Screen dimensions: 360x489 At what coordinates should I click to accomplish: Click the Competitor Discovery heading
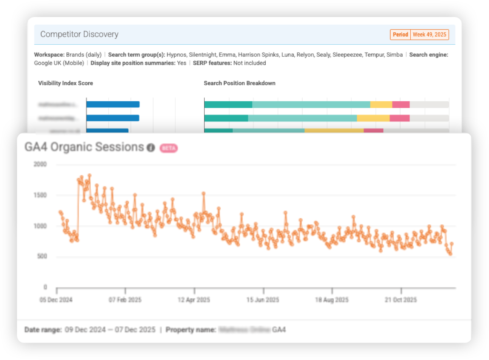[79, 34]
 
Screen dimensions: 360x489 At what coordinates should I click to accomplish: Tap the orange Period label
[400, 34]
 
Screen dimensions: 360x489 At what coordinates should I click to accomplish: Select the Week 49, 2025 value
[429, 34]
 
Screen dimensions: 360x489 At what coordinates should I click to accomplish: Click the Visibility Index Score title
[65, 83]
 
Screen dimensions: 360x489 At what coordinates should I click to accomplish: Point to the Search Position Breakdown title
[239, 83]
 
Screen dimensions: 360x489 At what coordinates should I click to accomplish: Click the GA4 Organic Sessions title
[84, 147]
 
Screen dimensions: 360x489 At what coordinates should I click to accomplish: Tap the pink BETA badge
[168, 148]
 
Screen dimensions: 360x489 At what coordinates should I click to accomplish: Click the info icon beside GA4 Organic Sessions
[151, 148]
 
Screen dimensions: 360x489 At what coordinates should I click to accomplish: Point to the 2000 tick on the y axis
[40, 165]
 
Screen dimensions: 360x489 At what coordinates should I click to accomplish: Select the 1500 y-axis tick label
[40, 195]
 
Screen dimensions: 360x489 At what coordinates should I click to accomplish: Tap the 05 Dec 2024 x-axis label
[56, 300]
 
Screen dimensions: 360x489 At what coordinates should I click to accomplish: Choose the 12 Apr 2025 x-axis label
[194, 300]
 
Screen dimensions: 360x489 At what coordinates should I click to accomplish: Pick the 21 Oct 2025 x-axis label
[401, 300]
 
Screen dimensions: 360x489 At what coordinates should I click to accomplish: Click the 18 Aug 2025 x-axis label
[332, 300]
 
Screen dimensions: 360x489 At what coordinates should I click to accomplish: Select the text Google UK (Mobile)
[60, 63]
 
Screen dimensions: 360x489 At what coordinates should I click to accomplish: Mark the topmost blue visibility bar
[113, 104]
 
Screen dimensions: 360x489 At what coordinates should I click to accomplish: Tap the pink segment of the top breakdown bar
[401, 104]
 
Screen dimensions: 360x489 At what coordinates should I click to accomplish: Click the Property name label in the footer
[190, 330]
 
